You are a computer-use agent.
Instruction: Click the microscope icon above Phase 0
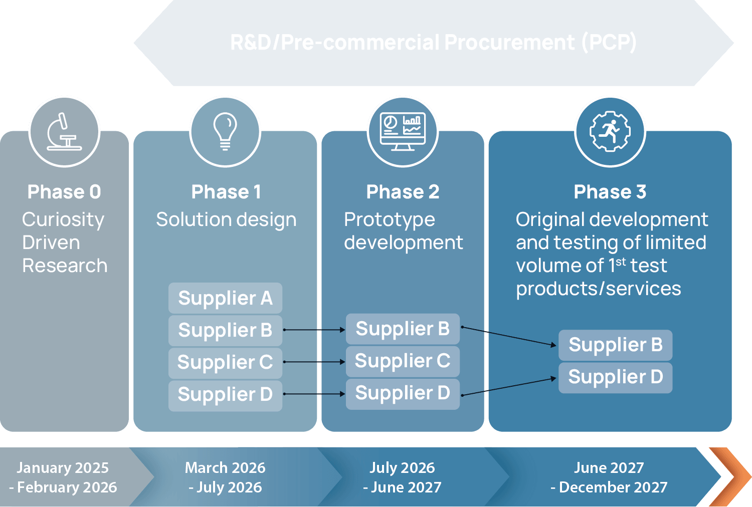pyautogui.click(x=64, y=132)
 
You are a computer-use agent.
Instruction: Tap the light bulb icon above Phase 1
pyautogui.click(x=225, y=132)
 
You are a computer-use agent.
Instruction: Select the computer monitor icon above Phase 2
pyautogui.click(x=403, y=132)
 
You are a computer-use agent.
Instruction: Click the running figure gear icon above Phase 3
pyautogui.click(x=610, y=132)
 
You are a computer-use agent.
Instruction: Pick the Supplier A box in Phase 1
pyautogui.click(x=225, y=298)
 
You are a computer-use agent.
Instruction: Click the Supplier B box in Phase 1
pyautogui.click(x=225, y=330)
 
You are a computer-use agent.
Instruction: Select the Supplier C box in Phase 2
pyautogui.click(x=403, y=361)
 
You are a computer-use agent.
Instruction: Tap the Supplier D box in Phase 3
pyautogui.click(x=615, y=377)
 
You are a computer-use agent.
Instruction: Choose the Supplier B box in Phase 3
pyautogui.click(x=615, y=345)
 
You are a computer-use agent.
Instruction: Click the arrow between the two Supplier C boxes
pyautogui.click(x=314, y=362)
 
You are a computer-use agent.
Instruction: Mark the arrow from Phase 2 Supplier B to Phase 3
pyautogui.click(x=509, y=336)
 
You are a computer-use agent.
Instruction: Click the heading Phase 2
pyautogui.click(x=403, y=192)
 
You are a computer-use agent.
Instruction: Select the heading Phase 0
pyautogui.click(x=64, y=192)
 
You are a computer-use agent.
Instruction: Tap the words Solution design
pyautogui.click(x=226, y=219)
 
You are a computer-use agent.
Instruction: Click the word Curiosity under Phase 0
pyautogui.click(x=63, y=219)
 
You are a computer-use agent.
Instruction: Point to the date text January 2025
pyautogui.click(x=63, y=467)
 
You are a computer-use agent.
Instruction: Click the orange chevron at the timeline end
pyautogui.click(x=730, y=476)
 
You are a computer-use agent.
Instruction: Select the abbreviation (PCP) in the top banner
pyautogui.click(x=609, y=43)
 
